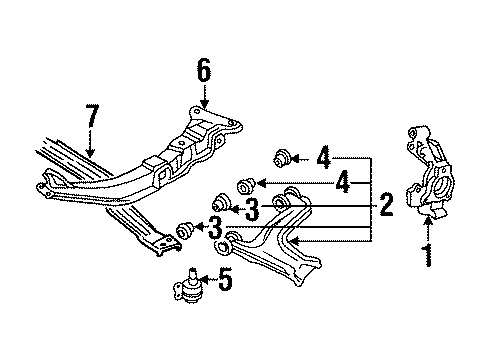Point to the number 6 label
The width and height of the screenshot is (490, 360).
[x=204, y=70]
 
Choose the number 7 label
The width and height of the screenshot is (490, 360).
[x=92, y=128]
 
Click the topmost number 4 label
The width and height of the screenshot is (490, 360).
[x=323, y=157]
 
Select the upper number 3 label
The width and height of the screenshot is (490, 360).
[x=250, y=207]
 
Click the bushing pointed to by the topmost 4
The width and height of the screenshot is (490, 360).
[x=282, y=156]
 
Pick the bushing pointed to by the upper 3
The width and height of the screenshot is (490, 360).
[x=218, y=203]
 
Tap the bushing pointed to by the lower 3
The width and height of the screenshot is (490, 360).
[x=182, y=232]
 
